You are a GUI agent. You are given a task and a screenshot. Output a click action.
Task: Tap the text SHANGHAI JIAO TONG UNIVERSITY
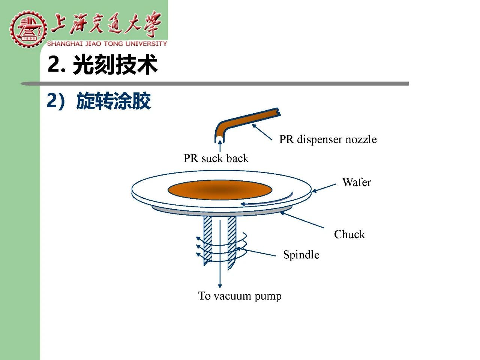[107, 44]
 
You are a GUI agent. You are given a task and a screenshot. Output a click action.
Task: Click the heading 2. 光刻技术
[102, 65]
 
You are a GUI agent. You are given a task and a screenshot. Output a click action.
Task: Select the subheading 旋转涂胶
[114, 101]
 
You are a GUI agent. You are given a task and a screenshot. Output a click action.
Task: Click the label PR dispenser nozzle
[328, 139]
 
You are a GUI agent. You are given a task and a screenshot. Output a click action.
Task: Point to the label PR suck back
[216, 158]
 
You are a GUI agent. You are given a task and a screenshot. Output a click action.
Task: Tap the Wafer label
[357, 182]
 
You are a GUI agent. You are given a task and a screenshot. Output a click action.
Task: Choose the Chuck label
[349, 234]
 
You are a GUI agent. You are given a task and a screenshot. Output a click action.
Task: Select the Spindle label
[301, 255]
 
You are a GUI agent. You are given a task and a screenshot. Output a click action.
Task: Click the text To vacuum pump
[240, 296]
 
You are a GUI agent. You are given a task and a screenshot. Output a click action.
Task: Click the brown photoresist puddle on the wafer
[220, 190]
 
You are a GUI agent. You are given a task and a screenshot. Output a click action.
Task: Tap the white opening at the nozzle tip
[219, 139]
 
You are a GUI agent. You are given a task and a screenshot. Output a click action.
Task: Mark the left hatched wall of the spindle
[208, 240]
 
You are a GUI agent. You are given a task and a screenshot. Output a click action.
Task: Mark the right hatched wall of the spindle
[232, 242]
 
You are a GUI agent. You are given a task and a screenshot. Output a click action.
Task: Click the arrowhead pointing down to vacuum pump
[220, 286]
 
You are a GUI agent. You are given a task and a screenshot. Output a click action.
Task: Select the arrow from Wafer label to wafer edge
[324, 188]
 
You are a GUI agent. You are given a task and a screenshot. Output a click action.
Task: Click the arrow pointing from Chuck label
[302, 219]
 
